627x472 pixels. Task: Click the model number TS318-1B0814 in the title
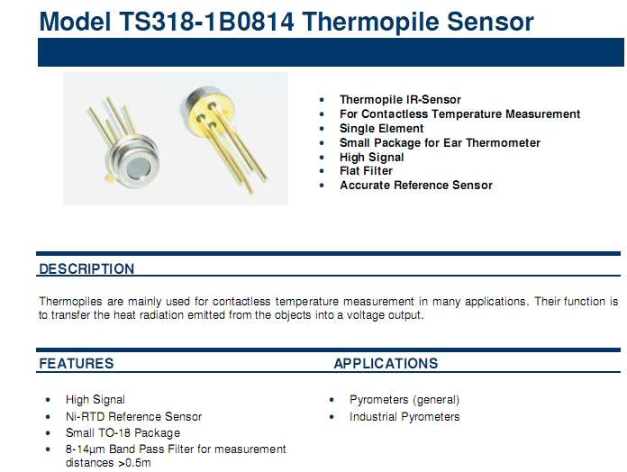tap(206, 22)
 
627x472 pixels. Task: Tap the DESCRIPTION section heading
tap(86, 268)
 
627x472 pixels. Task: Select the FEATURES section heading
tap(77, 363)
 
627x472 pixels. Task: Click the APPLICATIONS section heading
tap(386, 363)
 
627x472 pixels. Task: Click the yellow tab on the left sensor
tap(108, 178)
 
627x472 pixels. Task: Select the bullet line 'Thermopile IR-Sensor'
tap(400, 99)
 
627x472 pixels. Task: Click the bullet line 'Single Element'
tap(381, 128)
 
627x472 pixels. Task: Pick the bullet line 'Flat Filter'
tap(366, 171)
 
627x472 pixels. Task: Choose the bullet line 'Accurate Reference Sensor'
tap(416, 186)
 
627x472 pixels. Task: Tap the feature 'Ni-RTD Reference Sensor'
tap(133, 416)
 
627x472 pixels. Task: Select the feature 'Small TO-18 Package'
tap(123, 433)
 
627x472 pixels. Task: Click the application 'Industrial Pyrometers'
tap(404, 417)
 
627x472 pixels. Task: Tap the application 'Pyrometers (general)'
tap(404, 400)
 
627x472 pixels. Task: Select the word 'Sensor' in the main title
tap(490, 22)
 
